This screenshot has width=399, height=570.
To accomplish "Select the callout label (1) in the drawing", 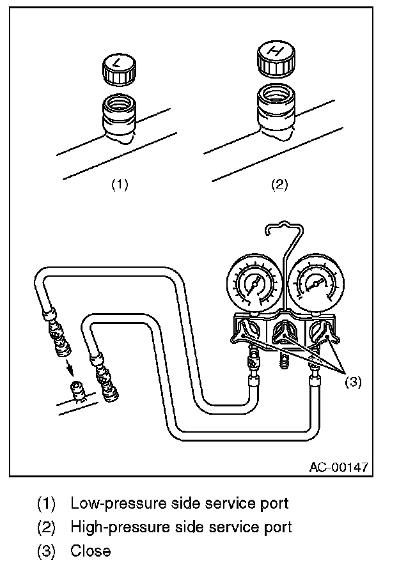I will [120, 185].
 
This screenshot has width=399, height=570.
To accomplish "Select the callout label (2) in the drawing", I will [279, 185].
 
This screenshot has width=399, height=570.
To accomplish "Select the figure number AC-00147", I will [338, 466].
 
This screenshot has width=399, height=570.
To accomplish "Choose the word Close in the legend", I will [90, 551].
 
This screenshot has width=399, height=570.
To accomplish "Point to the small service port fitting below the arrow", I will [77, 391].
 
